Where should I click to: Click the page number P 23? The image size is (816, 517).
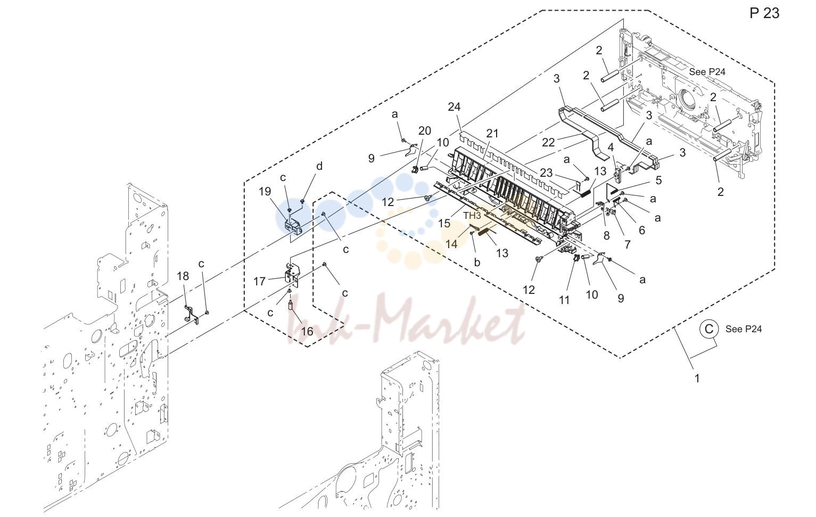(x=764, y=13)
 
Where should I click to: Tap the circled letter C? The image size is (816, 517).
(x=708, y=329)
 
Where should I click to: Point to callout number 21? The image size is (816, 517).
(x=492, y=133)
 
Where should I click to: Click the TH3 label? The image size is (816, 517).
(x=472, y=216)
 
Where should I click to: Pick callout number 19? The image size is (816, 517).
(x=265, y=191)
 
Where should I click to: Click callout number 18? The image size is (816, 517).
(x=183, y=276)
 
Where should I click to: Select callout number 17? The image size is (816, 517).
(x=260, y=281)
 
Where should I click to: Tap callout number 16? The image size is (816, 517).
(x=307, y=331)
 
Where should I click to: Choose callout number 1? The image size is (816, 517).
(x=697, y=379)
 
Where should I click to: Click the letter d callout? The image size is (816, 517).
(x=319, y=166)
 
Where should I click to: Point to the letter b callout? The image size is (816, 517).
(x=477, y=262)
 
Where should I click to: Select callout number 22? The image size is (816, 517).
(x=548, y=143)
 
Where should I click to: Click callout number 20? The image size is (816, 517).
(x=425, y=130)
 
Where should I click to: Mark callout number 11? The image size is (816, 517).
(x=564, y=300)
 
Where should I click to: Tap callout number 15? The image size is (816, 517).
(x=444, y=223)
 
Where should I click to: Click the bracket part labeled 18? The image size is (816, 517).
(x=192, y=315)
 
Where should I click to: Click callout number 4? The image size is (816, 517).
(x=611, y=147)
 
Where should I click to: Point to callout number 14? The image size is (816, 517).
(x=451, y=244)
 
